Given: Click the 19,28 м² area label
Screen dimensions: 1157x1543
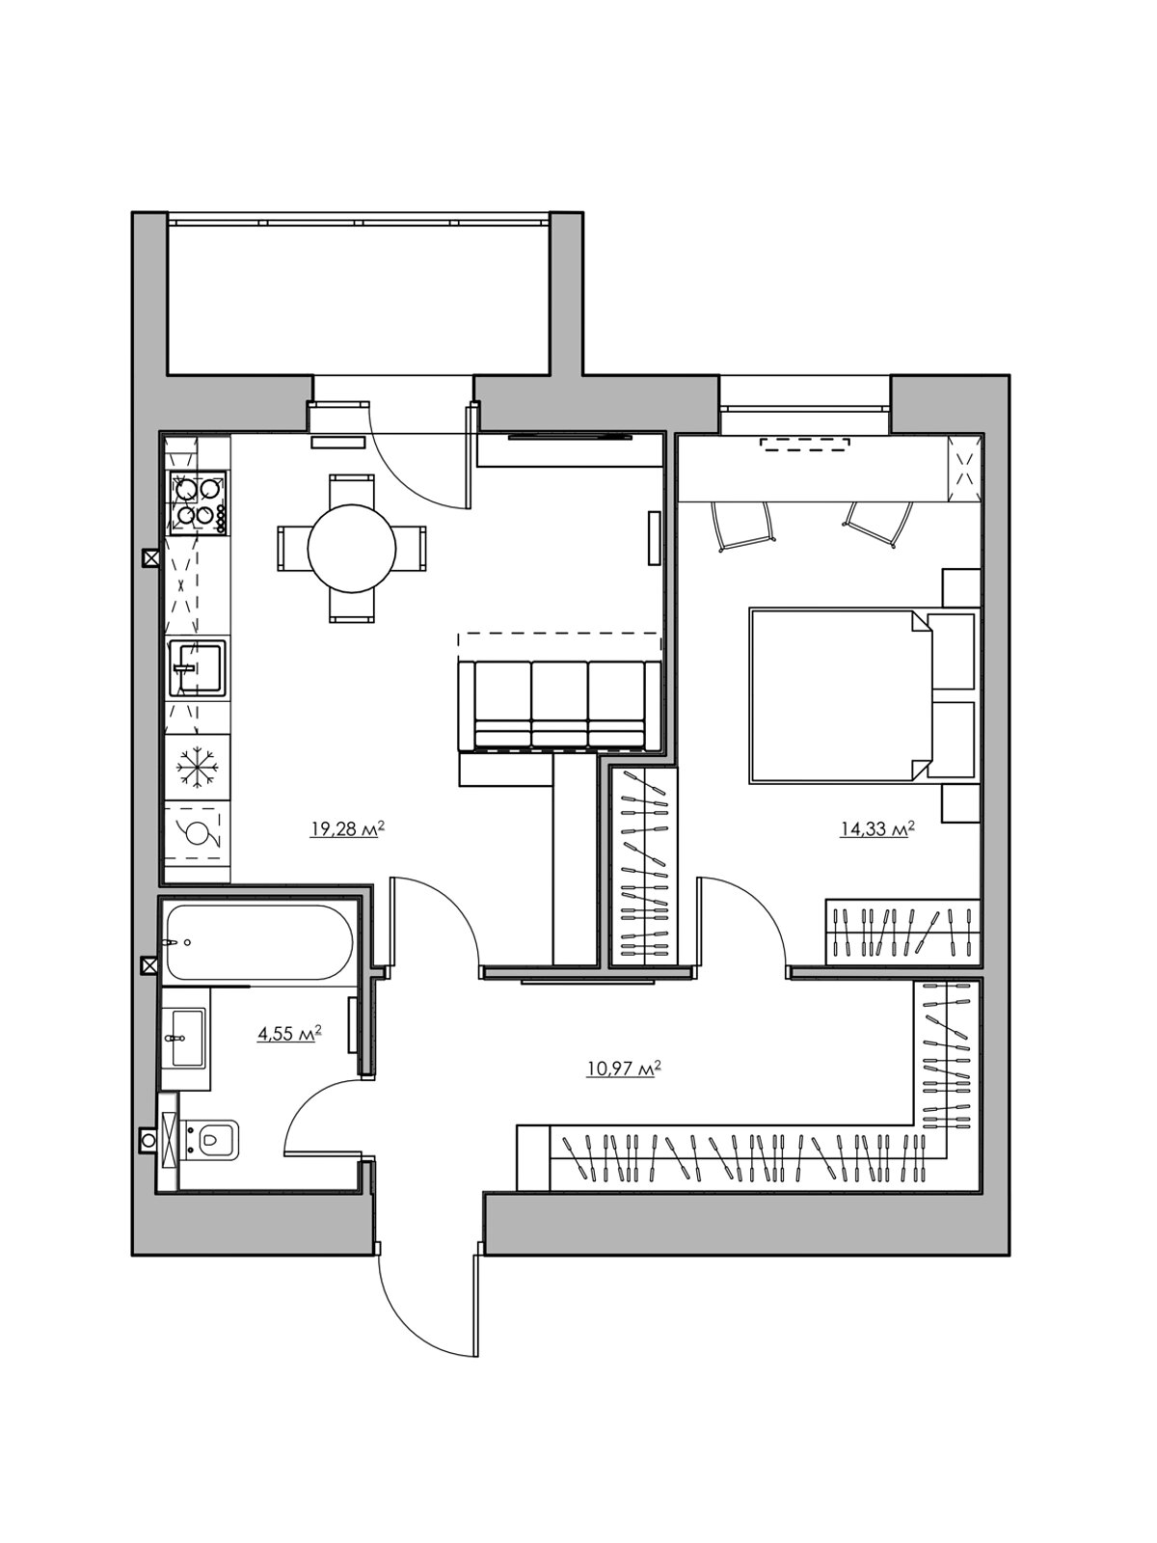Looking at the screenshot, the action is pyautogui.click(x=348, y=829).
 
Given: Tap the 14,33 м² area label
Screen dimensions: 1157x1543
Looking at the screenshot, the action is pyautogui.click(x=877, y=829).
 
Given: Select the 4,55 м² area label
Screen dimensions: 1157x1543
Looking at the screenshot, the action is pyautogui.click(x=289, y=1034).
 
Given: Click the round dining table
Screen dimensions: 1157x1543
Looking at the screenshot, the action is pyautogui.click(x=351, y=549).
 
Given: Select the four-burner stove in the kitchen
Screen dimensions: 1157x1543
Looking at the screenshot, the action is pyautogui.click(x=197, y=501).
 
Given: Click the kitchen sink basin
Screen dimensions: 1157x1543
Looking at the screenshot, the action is pyautogui.click(x=197, y=667).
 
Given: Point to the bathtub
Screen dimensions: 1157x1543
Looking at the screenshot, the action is pyautogui.click(x=257, y=942).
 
